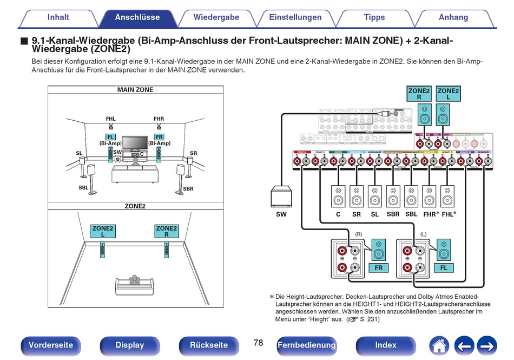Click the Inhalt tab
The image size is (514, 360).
point(58,17)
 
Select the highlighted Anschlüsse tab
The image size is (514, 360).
point(137,17)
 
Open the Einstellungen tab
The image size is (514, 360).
point(295,17)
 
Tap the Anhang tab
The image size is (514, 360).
point(453,17)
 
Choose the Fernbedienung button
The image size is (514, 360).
point(306,345)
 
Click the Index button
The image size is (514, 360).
point(386,345)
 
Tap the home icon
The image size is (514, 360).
point(439,345)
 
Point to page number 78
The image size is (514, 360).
point(258,343)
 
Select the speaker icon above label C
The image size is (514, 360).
point(338,196)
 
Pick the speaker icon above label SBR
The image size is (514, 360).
point(393,196)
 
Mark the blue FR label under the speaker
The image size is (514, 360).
point(378,268)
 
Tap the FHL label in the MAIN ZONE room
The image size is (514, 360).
point(111,119)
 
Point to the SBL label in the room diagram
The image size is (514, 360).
point(83,188)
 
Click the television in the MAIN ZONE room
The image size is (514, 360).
point(134,143)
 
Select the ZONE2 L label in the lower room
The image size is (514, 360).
point(102,231)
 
